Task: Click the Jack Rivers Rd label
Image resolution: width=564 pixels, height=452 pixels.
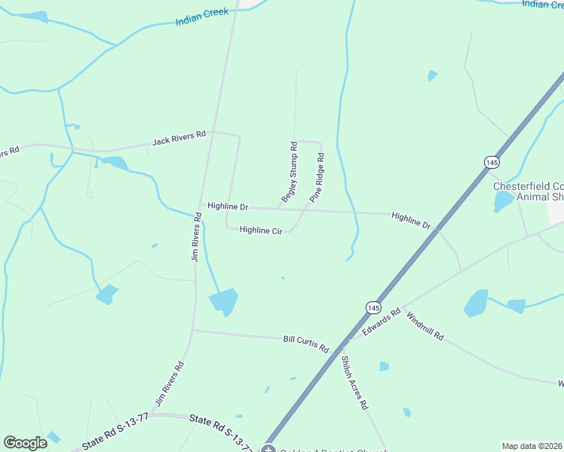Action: click(179, 139)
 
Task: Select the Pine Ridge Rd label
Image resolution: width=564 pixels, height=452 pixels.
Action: click(317, 179)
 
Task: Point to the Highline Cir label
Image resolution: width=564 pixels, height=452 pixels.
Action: click(260, 230)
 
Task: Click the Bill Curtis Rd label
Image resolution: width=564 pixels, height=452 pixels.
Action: click(306, 344)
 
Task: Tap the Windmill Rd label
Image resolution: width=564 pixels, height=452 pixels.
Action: click(425, 325)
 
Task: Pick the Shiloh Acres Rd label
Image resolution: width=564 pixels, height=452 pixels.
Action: click(354, 382)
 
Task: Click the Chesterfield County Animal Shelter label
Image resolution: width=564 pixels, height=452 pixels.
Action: click(529, 191)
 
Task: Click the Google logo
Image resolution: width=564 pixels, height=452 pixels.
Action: click(26, 443)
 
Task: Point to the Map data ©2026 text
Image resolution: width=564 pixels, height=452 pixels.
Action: click(532, 446)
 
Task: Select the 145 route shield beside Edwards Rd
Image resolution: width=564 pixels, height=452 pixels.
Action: click(373, 307)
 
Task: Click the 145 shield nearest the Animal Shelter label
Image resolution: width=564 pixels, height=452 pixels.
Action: click(492, 163)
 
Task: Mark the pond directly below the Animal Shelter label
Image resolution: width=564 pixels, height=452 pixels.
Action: click(502, 202)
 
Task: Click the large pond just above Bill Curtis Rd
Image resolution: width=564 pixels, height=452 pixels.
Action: click(224, 301)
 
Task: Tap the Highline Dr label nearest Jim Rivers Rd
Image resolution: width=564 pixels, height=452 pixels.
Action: click(228, 206)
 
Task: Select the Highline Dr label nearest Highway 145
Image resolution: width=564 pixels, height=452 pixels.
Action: click(411, 221)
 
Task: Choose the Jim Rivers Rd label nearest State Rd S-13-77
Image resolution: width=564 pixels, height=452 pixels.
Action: click(170, 384)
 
